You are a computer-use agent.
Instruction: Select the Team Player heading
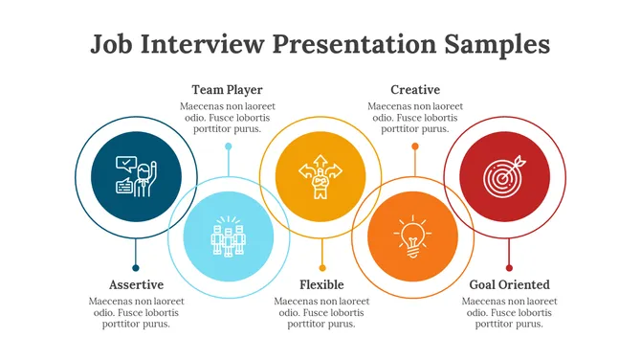click(227, 90)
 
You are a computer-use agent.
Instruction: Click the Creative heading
click(414, 90)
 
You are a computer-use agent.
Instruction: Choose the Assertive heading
click(136, 284)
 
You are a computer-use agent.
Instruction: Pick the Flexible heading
click(321, 284)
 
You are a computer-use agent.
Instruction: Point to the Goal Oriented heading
click(509, 284)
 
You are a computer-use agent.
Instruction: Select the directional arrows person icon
click(320, 176)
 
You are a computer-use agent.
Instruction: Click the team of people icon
click(229, 236)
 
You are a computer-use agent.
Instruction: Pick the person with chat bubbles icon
click(135, 176)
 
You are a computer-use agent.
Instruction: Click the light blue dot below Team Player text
click(228, 146)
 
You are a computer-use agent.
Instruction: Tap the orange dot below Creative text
click(415, 146)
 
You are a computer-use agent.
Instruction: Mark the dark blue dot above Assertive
click(136, 268)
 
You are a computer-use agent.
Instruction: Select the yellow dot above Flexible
click(322, 268)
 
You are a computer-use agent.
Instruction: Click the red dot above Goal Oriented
click(509, 268)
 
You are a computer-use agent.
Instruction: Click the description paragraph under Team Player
click(227, 118)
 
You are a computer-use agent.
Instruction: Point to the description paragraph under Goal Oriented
click(509, 312)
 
